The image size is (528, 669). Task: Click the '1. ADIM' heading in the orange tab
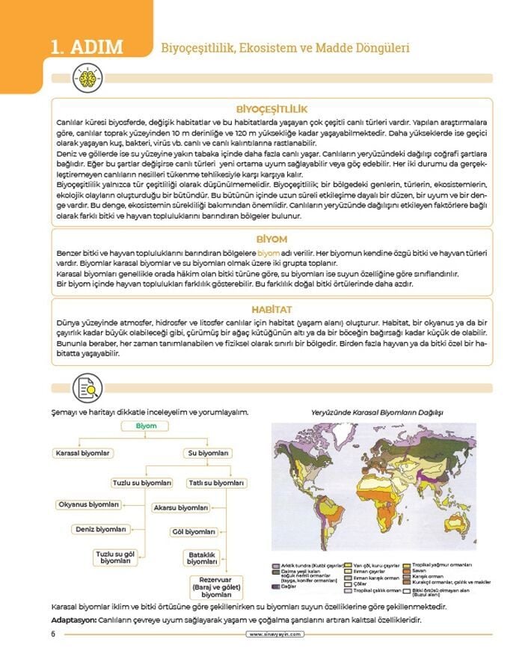click(86, 47)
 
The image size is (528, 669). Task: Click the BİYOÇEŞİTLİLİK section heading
click(271, 109)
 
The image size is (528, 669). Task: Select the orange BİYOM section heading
click(271, 239)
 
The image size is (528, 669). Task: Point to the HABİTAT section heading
click(271, 309)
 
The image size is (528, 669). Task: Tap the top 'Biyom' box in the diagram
click(147, 426)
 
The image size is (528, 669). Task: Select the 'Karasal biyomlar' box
click(82, 453)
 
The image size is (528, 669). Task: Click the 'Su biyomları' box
click(207, 453)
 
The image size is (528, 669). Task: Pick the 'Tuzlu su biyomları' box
click(142, 483)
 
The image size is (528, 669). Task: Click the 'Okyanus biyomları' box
click(89, 504)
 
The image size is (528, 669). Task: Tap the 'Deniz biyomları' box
click(101, 529)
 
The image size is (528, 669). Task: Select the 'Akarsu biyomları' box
click(180, 507)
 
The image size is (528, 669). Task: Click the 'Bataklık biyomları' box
click(202, 557)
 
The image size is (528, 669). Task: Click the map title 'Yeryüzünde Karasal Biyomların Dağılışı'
click(377, 412)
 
